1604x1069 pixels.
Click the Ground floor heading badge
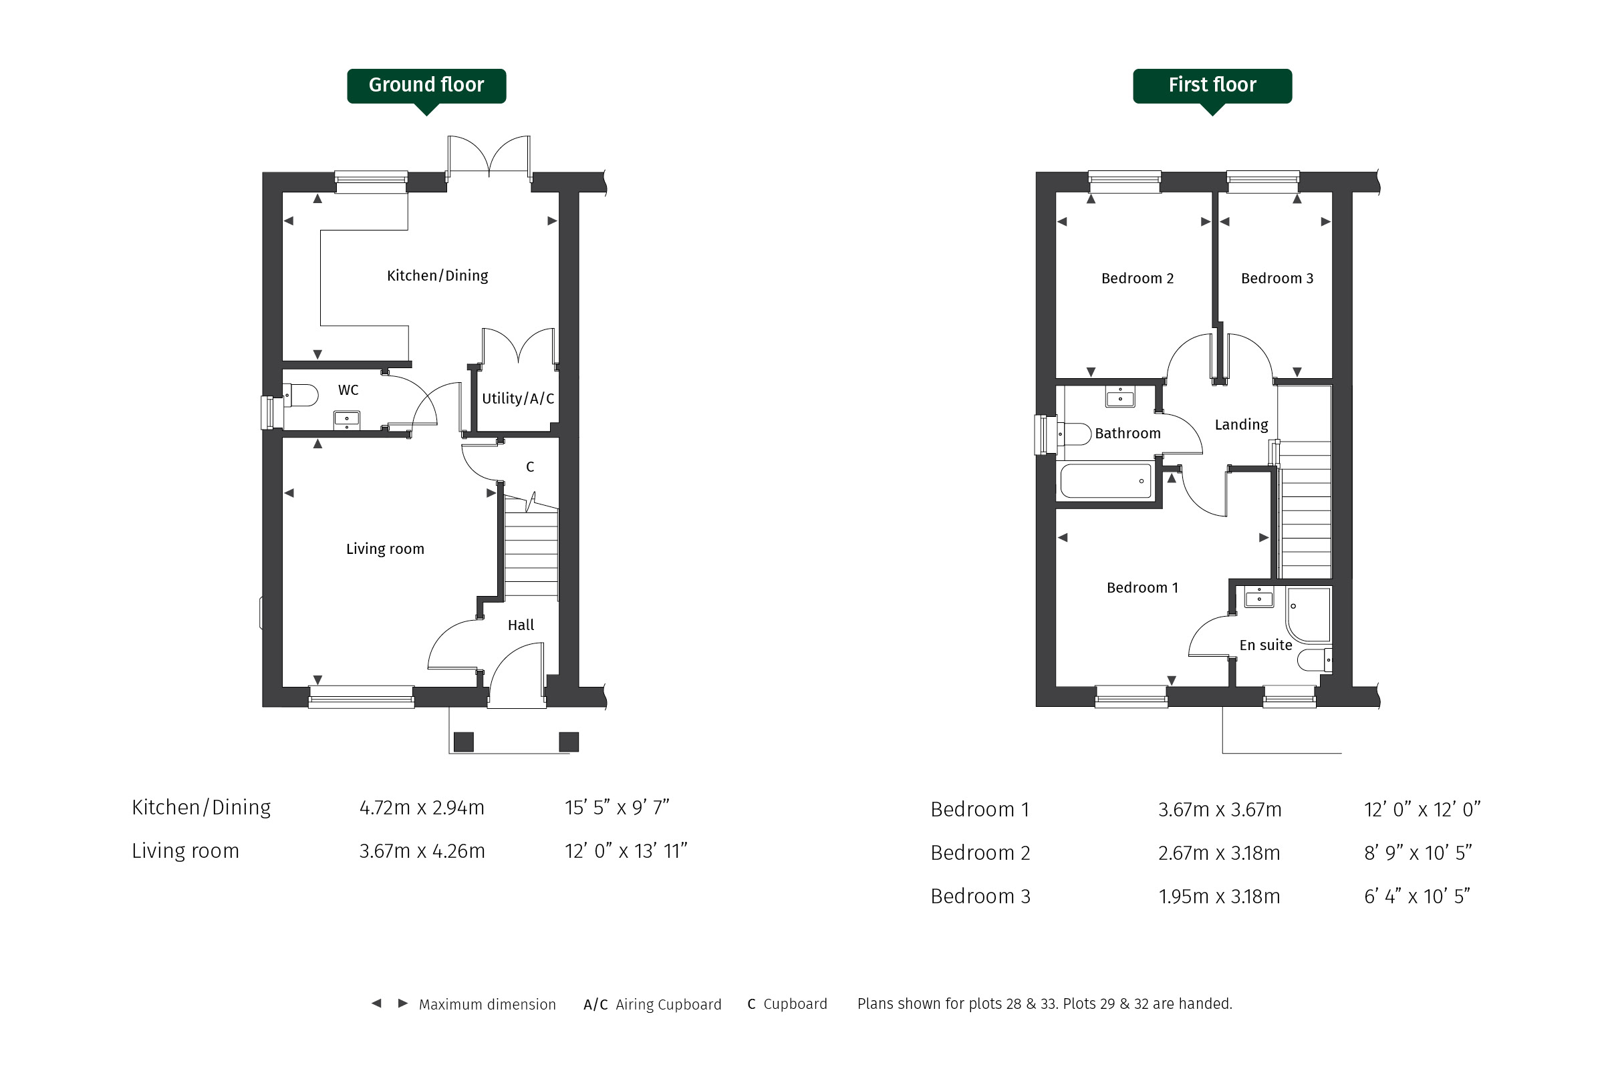(x=426, y=87)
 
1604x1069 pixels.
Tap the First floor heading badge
(x=1212, y=87)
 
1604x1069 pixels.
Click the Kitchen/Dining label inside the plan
(x=437, y=275)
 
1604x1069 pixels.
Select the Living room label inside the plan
(x=385, y=549)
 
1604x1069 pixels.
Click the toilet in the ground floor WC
(x=301, y=396)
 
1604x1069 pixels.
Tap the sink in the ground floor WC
(x=346, y=420)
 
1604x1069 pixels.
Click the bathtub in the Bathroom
(x=1105, y=480)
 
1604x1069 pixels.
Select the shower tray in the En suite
(x=1308, y=615)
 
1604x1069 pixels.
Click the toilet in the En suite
(x=1314, y=660)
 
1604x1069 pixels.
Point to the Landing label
(x=1241, y=425)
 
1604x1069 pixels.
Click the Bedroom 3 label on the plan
(x=1277, y=278)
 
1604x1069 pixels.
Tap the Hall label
(x=521, y=625)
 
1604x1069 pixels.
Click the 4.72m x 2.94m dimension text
(x=422, y=808)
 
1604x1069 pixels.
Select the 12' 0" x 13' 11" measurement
(x=626, y=851)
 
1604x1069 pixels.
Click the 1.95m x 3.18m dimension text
(x=1218, y=897)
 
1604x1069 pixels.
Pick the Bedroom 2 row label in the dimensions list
(x=980, y=853)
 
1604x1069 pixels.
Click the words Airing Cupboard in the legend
(x=668, y=1004)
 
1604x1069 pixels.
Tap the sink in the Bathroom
(x=1120, y=397)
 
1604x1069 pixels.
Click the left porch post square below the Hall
(x=464, y=742)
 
